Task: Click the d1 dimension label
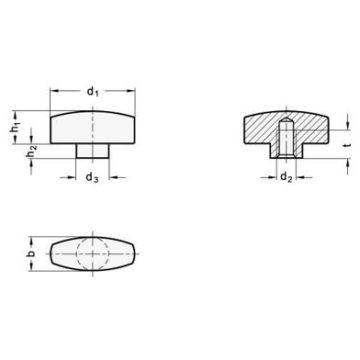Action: coord(93,91)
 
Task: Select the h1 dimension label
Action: coord(16,127)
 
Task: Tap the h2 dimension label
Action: coord(32,152)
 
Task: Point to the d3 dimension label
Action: coord(92,177)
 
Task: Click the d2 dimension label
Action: coord(287,176)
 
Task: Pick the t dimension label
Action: coord(347,145)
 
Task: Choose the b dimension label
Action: coord(31,253)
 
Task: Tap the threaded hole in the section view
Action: coord(287,141)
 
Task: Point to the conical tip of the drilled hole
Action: coord(287,120)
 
